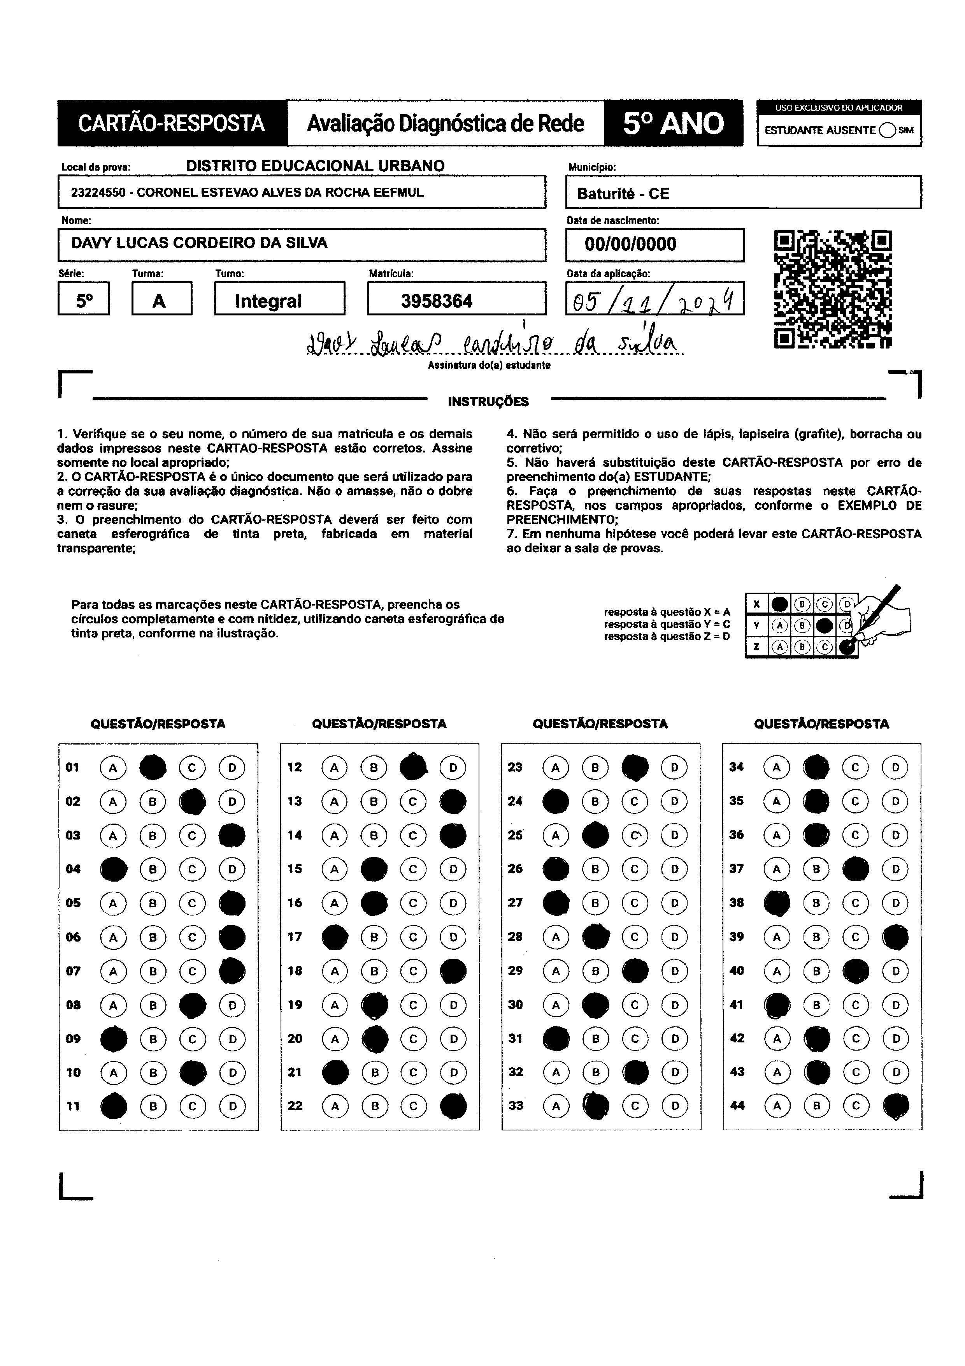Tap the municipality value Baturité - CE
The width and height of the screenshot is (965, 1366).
coord(623,194)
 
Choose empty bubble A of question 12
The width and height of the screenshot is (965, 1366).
coord(334,767)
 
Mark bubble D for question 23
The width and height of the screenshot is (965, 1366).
coord(674,767)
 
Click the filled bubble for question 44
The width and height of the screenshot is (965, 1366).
coord(895,1106)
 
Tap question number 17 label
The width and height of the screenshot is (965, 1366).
coord(295,937)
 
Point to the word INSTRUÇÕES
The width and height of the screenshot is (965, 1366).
coord(488,401)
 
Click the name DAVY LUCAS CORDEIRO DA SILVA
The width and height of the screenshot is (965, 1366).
coord(199,243)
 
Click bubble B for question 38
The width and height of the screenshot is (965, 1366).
coord(816,903)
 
